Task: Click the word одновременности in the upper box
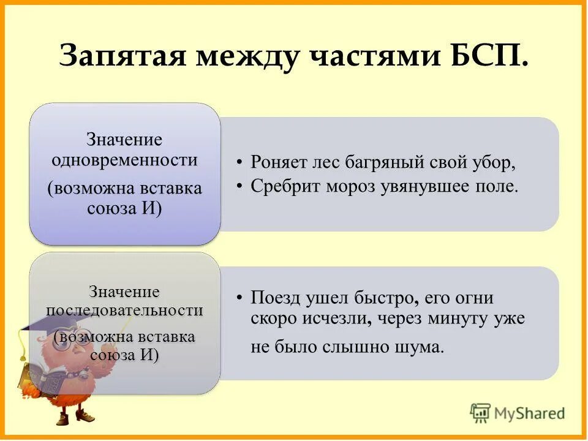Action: coord(124,160)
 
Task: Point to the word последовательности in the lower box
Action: coord(124,310)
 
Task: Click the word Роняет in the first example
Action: coord(279,164)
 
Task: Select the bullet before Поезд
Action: coord(241,298)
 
